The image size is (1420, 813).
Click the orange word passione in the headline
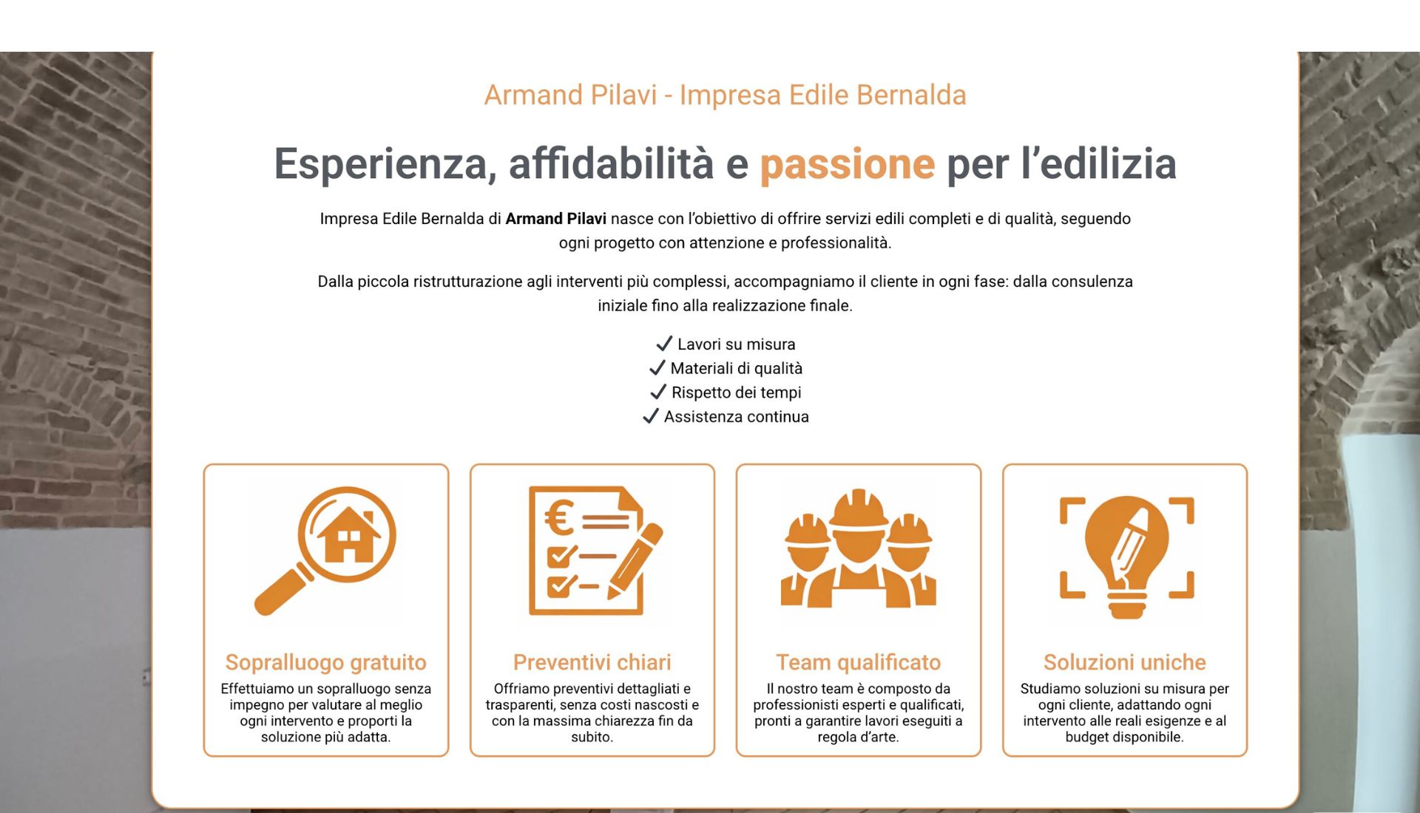[x=848, y=164]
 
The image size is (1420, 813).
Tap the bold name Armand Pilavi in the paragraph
[x=556, y=219]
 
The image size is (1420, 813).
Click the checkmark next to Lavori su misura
[x=664, y=344]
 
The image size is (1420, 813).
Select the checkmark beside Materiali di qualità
[x=657, y=368]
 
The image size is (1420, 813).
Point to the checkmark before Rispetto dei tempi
[x=658, y=392]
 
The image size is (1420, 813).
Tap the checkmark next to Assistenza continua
[x=651, y=416]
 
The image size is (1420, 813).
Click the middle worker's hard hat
[x=859, y=509]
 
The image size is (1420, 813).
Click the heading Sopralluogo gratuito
[x=326, y=662]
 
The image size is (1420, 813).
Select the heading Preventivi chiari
[x=592, y=662]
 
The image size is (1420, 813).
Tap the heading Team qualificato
[x=859, y=662]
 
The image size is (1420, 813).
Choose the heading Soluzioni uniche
[x=1125, y=662]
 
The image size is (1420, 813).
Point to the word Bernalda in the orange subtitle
[x=912, y=95]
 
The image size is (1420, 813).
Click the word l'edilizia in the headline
[x=1099, y=164]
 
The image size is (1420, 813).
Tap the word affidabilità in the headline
[x=612, y=164]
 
